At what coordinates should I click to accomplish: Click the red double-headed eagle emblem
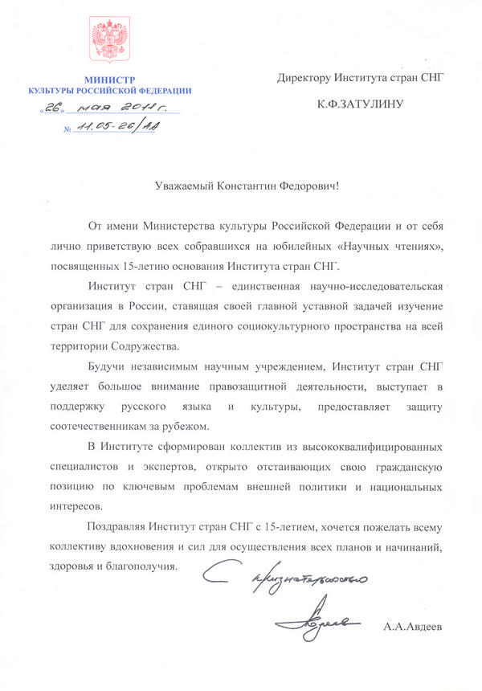click(109, 42)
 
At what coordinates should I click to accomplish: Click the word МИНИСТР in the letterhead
click(109, 79)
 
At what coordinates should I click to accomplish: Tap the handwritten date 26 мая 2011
click(108, 111)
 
